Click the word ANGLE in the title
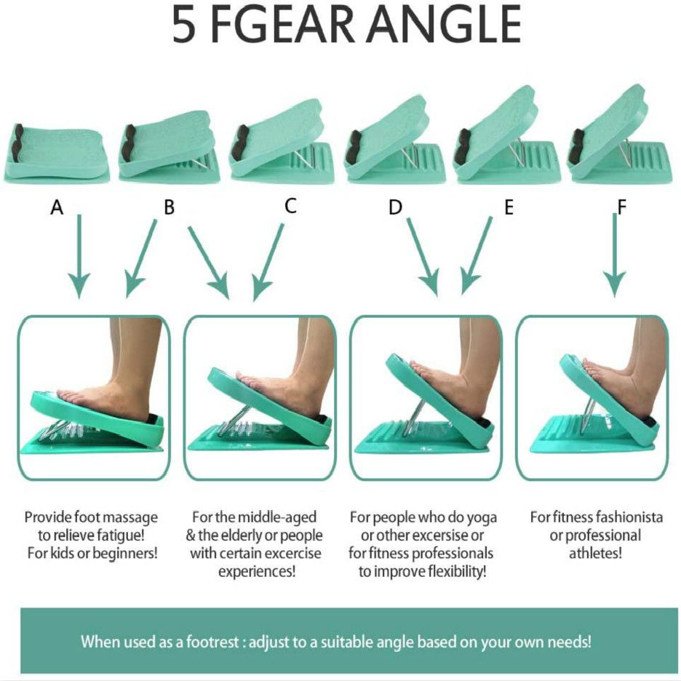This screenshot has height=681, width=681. (x=445, y=25)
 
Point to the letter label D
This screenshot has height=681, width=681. (x=395, y=207)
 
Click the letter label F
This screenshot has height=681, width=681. (x=621, y=207)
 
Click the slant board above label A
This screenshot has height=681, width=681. (x=56, y=153)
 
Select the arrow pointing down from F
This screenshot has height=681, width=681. (x=615, y=255)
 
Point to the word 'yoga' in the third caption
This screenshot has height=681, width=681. (x=481, y=517)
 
